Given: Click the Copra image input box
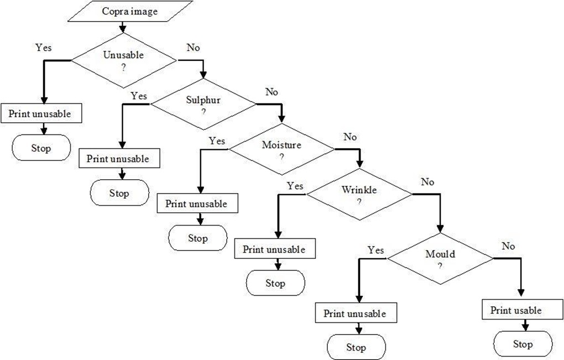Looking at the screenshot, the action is click(130, 11).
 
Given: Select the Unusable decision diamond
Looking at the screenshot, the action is click(124, 60).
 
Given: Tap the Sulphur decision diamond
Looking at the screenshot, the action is click(203, 105).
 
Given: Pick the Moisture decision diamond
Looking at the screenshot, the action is click(282, 149).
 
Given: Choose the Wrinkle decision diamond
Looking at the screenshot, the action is click(359, 194).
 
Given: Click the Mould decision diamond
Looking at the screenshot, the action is click(440, 259).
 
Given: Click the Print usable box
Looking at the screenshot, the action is click(523, 310).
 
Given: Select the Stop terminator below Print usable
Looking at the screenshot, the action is click(523, 344).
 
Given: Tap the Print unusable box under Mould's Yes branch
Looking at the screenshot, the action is click(356, 313).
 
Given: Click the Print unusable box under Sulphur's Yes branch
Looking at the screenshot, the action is click(119, 158).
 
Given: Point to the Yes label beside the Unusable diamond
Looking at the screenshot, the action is click(44, 48).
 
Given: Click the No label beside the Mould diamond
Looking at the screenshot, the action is click(508, 246).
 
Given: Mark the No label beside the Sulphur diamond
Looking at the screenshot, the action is click(271, 92).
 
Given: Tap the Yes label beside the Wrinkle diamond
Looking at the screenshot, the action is click(295, 186).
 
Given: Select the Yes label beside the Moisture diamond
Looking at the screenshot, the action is click(217, 140).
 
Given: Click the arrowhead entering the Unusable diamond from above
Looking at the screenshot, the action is click(123, 29).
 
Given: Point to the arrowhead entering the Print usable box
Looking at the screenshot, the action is click(520, 296).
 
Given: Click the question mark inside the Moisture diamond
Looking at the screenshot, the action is click(281, 157).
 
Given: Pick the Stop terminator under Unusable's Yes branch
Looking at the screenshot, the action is click(41, 148).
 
